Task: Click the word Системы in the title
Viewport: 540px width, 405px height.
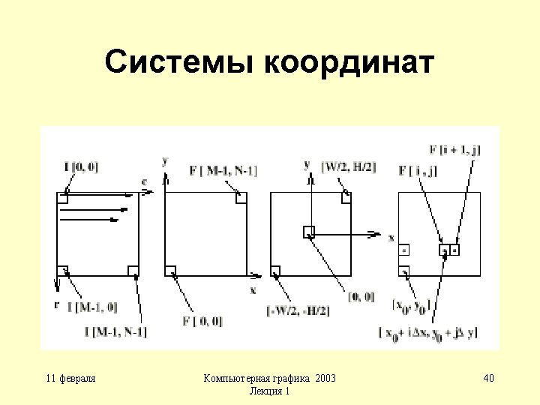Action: pyautogui.click(x=179, y=63)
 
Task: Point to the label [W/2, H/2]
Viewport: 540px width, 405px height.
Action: pyautogui.click(x=349, y=166)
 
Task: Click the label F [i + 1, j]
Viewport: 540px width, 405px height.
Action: pyautogui.click(x=455, y=150)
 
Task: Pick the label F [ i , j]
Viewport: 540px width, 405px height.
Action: pyautogui.click(x=418, y=172)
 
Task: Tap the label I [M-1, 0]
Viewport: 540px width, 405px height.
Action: pyautogui.click(x=91, y=306)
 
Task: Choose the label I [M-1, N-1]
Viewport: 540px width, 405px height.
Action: pyautogui.click(x=115, y=331)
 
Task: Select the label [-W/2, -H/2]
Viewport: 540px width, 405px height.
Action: pyautogui.click(x=298, y=310)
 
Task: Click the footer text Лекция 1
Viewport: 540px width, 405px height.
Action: pyautogui.click(x=269, y=391)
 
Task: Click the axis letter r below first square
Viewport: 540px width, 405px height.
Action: pyautogui.click(x=57, y=304)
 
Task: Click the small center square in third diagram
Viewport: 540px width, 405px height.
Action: pyautogui.click(x=308, y=232)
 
